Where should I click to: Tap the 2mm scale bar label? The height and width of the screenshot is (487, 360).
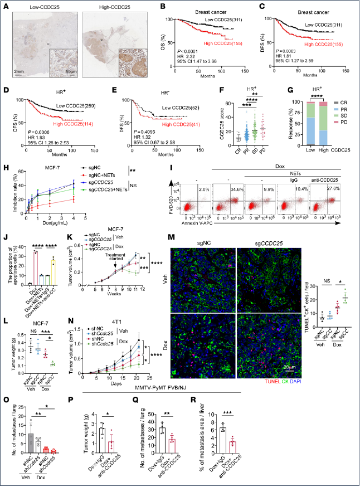[x=18, y=72]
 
